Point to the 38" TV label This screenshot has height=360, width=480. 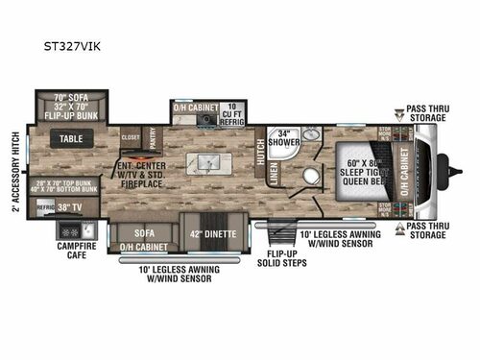tap(70, 205)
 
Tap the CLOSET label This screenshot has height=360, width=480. tap(132, 137)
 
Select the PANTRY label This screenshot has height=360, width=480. tap(155, 137)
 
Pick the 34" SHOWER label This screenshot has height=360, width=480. tap(282, 136)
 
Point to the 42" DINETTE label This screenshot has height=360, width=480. tap(208, 233)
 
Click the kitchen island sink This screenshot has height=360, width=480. tap(205, 160)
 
